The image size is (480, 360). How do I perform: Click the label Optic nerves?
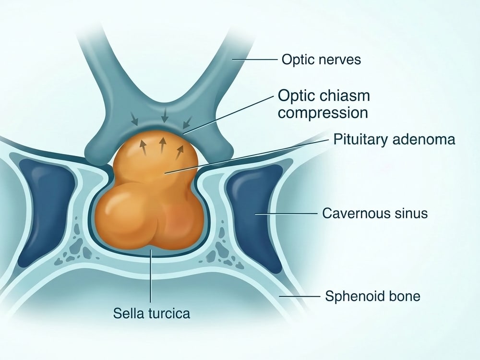[x=321, y=60]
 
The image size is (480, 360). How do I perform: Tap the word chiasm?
[x=347, y=96]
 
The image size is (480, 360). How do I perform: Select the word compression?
[x=323, y=113]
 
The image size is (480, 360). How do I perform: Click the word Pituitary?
[x=360, y=140]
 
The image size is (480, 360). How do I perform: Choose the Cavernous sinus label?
[x=375, y=213]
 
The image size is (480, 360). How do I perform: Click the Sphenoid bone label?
[x=372, y=296]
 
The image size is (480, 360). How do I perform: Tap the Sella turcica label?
[x=152, y=313]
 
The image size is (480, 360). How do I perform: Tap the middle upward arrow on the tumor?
[x=163, y=145]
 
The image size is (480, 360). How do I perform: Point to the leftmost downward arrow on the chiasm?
[x=134, y=119]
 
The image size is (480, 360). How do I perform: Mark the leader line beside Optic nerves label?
[x=255, y=60]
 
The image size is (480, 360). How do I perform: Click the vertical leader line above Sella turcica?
[x=151, y=275]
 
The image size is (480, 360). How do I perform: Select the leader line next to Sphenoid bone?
[x=300, y=296]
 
